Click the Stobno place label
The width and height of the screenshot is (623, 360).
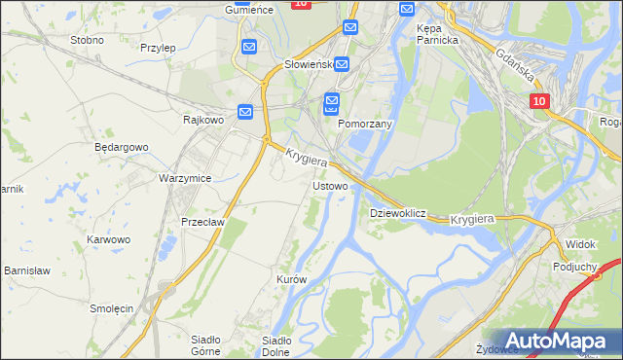pos(87,40)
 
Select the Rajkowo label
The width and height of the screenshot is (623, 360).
pos(203,120)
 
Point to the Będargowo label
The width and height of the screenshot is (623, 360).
pos(121,147)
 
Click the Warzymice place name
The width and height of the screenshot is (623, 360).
pos(185,178)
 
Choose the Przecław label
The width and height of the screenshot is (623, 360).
pos(203,222)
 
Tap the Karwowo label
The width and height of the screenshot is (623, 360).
pos(108,238)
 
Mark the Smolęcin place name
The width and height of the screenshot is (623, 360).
pos(111,307)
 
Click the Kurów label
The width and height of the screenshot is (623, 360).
pos(291,279)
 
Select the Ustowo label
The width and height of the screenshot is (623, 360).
pos(329,185)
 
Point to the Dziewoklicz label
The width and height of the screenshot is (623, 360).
pos(398,212)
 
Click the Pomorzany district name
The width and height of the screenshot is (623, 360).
pos(364,125)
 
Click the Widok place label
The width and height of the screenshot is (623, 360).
pos(580,243)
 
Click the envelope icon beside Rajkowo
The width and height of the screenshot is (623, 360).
pos(246,113)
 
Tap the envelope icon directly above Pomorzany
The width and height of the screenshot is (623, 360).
pos(332,101)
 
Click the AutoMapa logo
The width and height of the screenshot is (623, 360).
pos(554,342)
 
